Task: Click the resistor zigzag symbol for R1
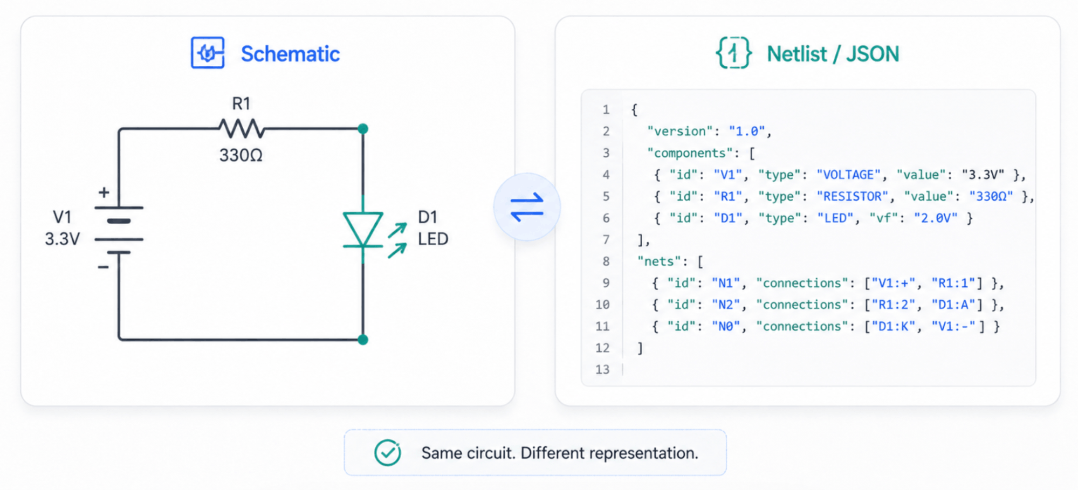pos(241,129)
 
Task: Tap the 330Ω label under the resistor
pos(241,155)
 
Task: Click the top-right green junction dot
pos(363,129)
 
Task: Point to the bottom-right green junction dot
pos(363,340)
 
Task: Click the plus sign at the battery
pos(104,192)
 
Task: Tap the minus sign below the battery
pos(103,267)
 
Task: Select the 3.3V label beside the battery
pos(62,239)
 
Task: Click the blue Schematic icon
pos(208,53)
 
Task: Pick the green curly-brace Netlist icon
pos(733,53)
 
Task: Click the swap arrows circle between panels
pos(527,207)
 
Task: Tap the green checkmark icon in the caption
pos(388,452)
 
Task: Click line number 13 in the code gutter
pos(602,369)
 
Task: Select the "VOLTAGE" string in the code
pos(848,175)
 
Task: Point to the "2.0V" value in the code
pos(936,218)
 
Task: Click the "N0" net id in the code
pos(725,326)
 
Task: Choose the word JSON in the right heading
pos(872,54)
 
